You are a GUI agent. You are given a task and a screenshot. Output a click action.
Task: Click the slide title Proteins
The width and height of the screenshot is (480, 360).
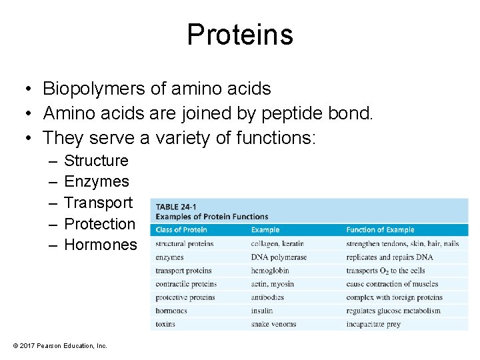(239, 34)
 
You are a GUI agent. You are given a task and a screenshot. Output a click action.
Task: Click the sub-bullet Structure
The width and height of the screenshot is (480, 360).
(96, 161)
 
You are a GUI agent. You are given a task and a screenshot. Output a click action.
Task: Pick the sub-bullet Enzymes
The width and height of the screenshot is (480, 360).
(96, 181)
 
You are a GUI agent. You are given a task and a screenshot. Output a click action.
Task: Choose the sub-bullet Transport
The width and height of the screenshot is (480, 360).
(98, 203)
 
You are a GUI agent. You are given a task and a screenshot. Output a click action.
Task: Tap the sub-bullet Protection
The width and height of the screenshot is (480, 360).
(99, 224)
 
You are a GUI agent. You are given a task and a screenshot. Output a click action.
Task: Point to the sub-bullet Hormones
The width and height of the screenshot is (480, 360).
(100, 245)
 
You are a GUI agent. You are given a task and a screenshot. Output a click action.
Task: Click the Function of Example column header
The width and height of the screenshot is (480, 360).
(380, 230)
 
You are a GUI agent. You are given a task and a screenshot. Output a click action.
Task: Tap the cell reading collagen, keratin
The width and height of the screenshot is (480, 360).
(277, 244)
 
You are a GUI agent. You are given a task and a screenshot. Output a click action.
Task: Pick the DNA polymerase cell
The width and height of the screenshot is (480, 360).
(279, 257)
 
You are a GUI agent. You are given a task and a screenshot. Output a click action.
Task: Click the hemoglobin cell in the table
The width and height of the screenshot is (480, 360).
(270, 271)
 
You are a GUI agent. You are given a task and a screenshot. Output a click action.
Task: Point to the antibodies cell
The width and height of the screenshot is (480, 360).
(267, 297)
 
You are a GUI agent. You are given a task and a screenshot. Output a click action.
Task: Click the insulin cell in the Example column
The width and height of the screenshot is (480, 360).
(262, 311)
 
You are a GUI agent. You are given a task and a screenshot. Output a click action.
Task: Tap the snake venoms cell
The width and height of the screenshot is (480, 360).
(273, 324)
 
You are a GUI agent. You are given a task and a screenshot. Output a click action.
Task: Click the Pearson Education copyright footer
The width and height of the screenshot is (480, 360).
(60, 345)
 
